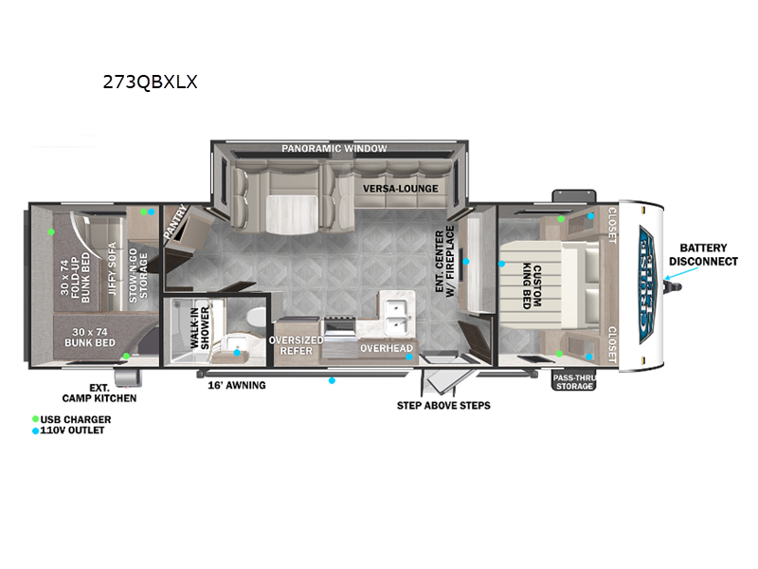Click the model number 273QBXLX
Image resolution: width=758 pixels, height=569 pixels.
(150, 82)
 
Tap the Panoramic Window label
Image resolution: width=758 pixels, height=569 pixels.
(334, 149)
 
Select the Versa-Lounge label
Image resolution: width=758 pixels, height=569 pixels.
(401, 188)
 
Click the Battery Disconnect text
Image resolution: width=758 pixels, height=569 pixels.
(703, 252)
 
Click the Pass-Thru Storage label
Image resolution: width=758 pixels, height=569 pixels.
(574, 381)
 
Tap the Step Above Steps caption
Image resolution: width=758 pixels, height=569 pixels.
(443, 406)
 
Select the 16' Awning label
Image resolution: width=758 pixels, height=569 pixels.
(237, 385)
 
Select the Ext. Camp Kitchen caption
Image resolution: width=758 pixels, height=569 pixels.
(113, 393)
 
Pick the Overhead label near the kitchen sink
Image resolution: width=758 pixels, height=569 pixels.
(387, 349)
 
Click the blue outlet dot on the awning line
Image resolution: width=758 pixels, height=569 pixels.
(332, 380)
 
